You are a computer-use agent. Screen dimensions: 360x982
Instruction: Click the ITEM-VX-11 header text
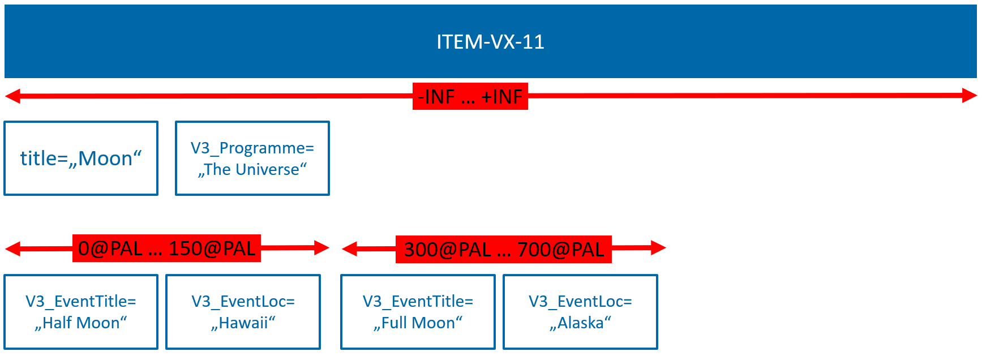coord(490,42)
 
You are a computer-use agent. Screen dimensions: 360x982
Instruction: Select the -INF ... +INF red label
coord(470,96)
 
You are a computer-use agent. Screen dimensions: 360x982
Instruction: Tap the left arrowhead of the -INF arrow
coord(12,96)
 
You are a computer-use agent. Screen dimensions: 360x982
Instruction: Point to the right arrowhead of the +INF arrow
coord(970,96)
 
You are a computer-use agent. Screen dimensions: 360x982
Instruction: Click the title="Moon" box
coord(81,158)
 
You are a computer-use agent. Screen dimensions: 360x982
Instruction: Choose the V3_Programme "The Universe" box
coord(252,158)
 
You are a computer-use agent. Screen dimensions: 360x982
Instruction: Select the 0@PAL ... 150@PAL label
coord(166,248)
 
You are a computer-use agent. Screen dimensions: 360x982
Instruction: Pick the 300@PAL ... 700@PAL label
coord(504,249)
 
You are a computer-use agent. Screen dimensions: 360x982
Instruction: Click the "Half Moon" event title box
coord(81,312)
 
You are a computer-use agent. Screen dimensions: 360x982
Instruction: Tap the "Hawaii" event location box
coord(243,312)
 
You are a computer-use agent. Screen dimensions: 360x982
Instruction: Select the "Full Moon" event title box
coord(418,312)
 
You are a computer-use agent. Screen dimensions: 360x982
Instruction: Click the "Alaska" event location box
coord(580,312)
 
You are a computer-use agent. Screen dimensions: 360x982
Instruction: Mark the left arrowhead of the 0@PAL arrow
coord(12,248)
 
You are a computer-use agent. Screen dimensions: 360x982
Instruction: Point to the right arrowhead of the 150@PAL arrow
coord(321,248)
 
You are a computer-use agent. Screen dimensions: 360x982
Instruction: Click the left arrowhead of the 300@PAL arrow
coord(350,248)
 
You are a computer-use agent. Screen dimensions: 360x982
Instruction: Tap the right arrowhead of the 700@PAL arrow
coord(658,248)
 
